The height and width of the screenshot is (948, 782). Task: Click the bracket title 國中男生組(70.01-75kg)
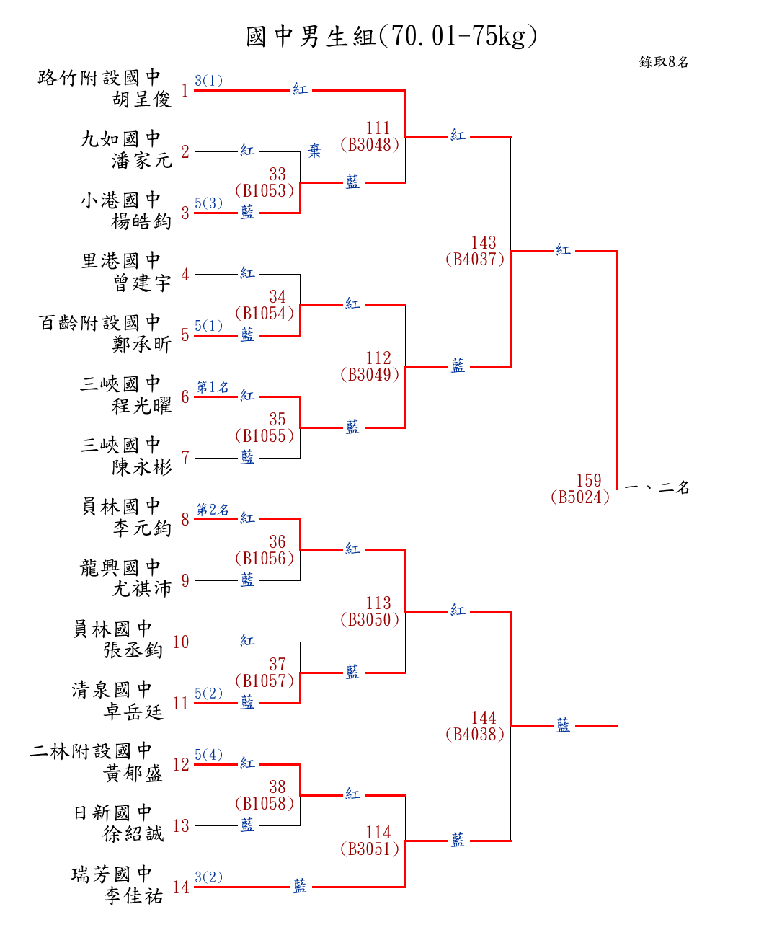click(391, 35)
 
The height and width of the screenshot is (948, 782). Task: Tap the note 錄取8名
click(664, 62)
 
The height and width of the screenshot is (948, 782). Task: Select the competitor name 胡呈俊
click(142, 99)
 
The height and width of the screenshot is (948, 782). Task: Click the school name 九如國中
click(120, 138)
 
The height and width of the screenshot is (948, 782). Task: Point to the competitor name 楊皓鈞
click(142, 221)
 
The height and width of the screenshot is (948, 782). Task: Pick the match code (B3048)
click(370, 144)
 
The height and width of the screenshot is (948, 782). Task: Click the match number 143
click(484, 242)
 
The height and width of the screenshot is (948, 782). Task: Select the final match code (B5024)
click(580, 497)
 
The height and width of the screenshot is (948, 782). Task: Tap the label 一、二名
click(657, 487)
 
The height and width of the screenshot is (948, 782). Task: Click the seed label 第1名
click(213, 387)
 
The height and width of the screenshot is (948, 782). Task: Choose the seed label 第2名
click(213, 510)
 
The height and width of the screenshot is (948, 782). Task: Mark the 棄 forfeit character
click(314, 151)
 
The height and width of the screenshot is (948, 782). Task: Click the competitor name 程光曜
click(142, 405)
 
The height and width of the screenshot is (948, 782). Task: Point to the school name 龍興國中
click(120, 567)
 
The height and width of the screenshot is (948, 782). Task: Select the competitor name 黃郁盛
click(133, 773)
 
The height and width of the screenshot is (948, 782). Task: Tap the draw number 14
click(181, 887)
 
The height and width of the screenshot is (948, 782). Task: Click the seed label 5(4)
click(208, 755)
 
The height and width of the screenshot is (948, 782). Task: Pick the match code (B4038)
click(475, 734)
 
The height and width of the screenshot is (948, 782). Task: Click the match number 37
click(277, 664)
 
